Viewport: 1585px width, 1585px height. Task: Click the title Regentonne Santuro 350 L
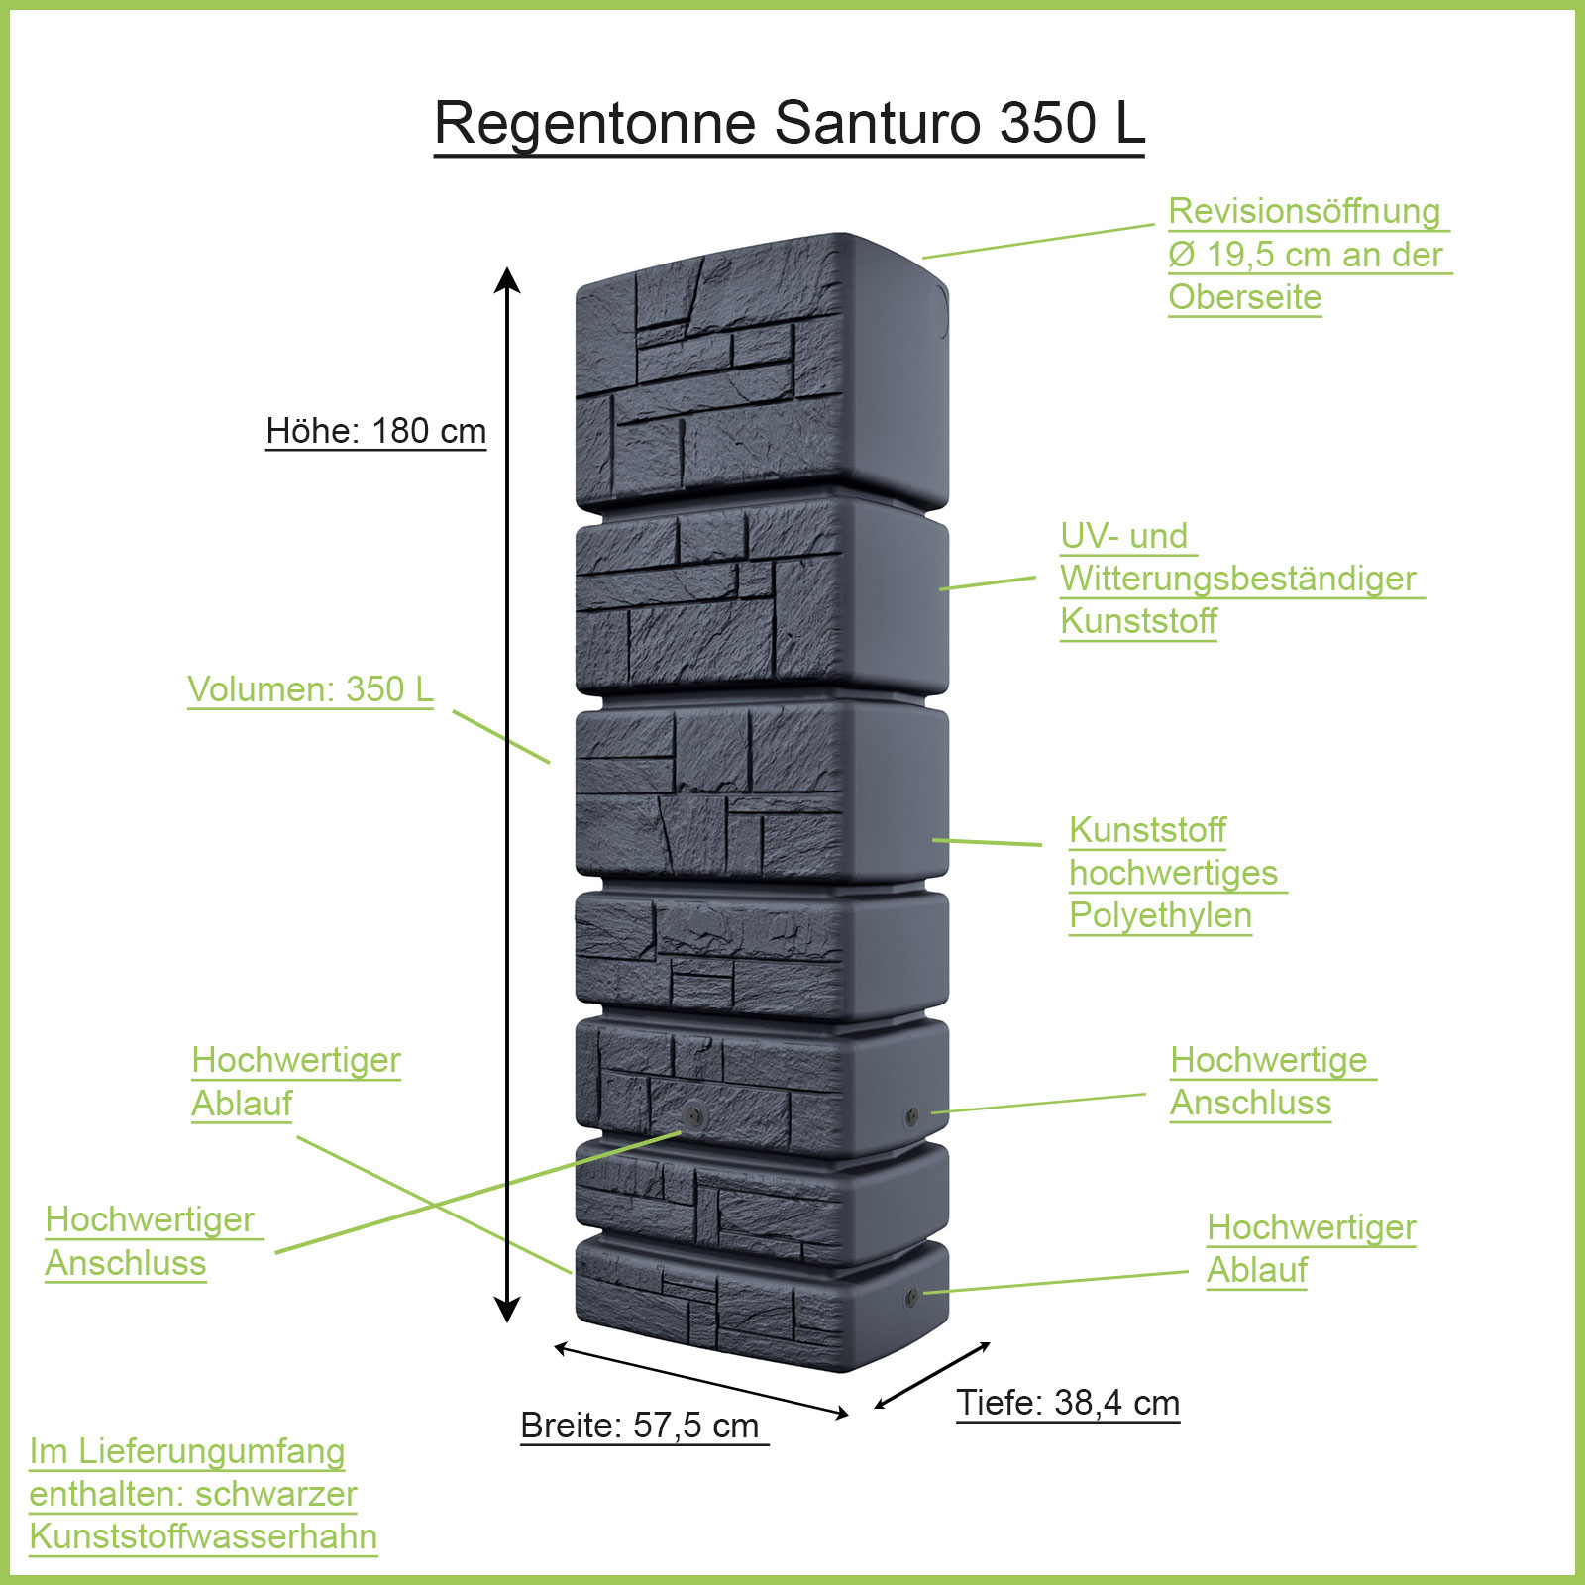790,123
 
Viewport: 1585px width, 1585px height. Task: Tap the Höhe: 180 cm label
376,431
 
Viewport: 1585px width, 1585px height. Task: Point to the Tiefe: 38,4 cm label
1068,1403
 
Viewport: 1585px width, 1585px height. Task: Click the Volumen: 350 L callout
310,689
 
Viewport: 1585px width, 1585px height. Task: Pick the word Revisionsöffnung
1304,211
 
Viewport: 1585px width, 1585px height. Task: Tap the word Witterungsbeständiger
1237,579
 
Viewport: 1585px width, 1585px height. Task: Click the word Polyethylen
1160,915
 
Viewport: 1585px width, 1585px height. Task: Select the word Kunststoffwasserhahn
203,1536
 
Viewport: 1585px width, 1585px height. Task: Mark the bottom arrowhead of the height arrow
507,1311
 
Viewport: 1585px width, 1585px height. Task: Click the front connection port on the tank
693,1113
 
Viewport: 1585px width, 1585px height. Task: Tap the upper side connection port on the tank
911,1116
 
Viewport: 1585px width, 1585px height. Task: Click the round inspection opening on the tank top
937,312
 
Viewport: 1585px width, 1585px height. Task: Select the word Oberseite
1244,297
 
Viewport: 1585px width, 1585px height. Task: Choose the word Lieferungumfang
211,1451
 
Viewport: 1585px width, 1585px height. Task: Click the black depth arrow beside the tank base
932,1375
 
